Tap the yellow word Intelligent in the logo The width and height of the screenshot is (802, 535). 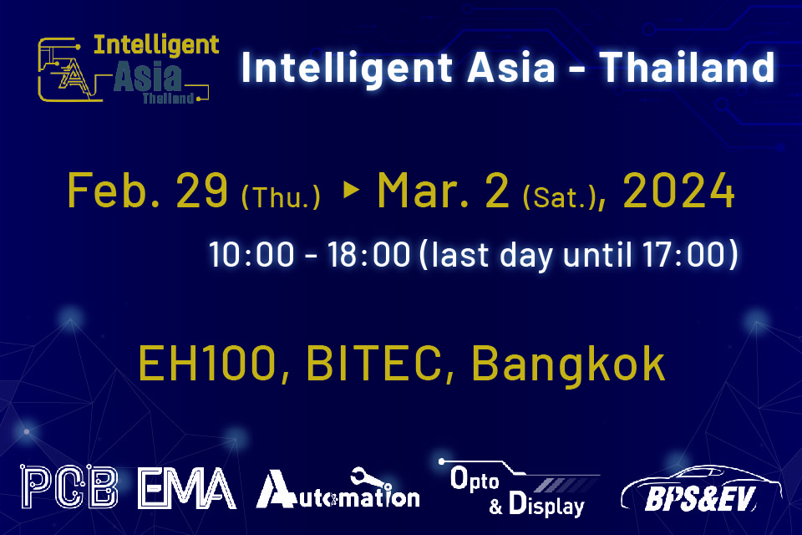(x=156, y=44)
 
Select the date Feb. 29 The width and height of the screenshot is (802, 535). (x=147, y=192)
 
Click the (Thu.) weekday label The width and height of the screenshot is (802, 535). (x=281, y=198)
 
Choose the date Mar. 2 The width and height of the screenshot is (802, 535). (x=443, y=192)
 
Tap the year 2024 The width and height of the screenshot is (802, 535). (x=679, y=192)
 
